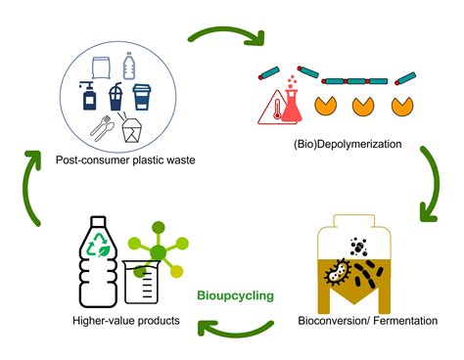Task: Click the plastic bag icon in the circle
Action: click(100, 68)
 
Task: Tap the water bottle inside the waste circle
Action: click(129, 67)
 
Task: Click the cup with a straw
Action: click(116, 99)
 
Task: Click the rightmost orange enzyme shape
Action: click(401, 103)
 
